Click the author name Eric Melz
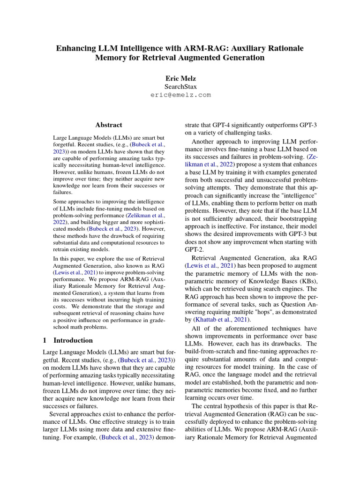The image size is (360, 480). click(180, 78)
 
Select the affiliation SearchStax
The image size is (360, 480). click(180, 87)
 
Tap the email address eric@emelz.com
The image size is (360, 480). click(180, 95)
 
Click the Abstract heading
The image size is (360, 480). click(108, 125)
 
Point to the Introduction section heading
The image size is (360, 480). click(73, 340)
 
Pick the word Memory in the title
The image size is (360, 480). click(112, 58)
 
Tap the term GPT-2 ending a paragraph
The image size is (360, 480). click(195, 250)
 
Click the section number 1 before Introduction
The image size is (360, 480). click(45, 340)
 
